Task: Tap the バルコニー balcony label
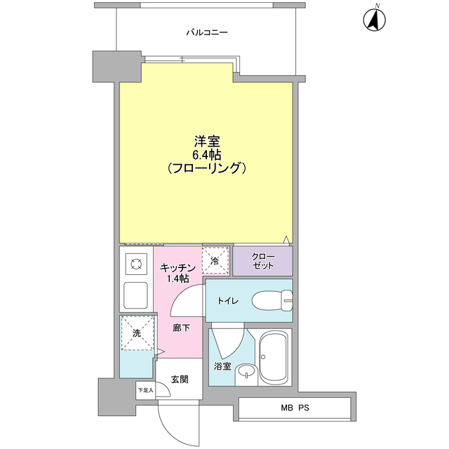pyautogui.click(x=206, y=32)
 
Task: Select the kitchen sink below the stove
pyautogui.click(x=135, y=295)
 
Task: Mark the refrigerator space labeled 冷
pyautogui.click(x=215, y=260)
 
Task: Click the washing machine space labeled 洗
pyautogui.click(x=136, y=333)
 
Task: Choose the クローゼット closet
pyautogui.click(x=262, y=261)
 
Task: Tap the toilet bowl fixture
pyautogui.click(x=271, y=300)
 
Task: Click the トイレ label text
pyautogui.click(x=227, y=301)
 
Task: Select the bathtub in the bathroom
pyautogui.click(x=274, y=356)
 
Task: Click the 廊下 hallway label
pyautogui.click(x=181, y=328)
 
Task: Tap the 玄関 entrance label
pyautogui.click(x=179, y=380)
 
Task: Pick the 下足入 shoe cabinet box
pyautogui.click(x=145, y=390)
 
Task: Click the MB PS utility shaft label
pyautogui.click(x=295, y=408)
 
